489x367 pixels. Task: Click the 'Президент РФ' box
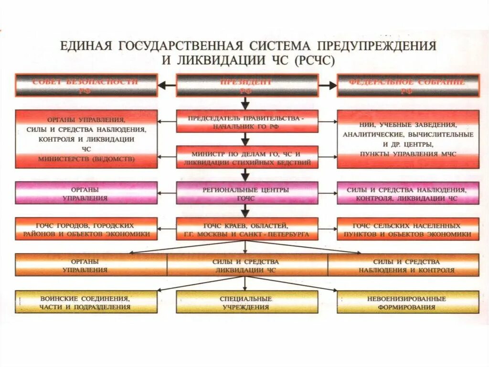pyautogui.click(x=246, y=86)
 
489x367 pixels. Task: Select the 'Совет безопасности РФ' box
pyautogui.click(x=86, y=86)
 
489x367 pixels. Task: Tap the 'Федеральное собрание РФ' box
pyautogui.click(x=407, y=86)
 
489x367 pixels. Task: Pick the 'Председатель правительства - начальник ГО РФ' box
pyautogui.click(x=246, y=122)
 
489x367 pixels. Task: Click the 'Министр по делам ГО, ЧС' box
pyautogui.click(x=246, y=158)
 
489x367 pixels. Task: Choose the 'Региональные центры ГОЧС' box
pyautogui.click(x=246, y=193)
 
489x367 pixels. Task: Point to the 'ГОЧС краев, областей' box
pyautogui.click(x=246, y=229)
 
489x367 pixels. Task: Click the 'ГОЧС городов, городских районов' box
pyautogui.click(x=86, y=229)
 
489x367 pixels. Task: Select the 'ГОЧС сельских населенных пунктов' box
pyautogui.click(x=407, y=229)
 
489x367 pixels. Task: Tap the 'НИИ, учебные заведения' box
pyautogui.click(x=407, y=139)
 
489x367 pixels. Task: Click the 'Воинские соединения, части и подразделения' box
pyautogui.click(x=86, y=302)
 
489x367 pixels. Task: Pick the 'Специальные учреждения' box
pyautogui.click(x=246, y=302)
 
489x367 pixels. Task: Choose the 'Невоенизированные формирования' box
pyautogui.click(x=407, y=302)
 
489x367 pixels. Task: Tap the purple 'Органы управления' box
pyautogui.click(x=86, y=193)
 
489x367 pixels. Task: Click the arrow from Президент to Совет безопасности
pyautogui.click(x=167, y=86)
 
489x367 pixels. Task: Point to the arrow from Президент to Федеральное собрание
pyautogui.click(x=328, y=86)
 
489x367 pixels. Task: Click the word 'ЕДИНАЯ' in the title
pyautogui.click(x=86, y=46)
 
